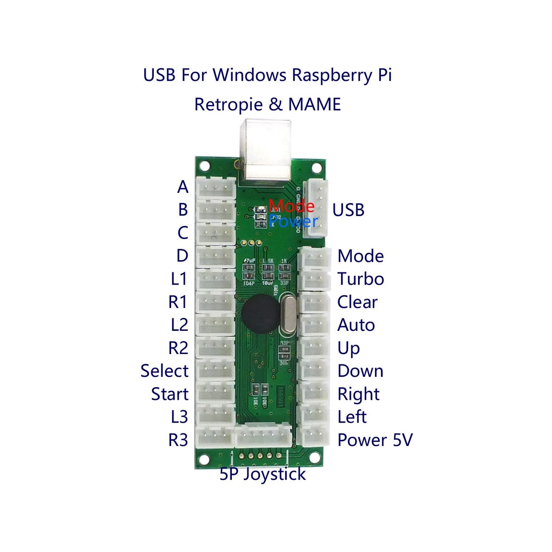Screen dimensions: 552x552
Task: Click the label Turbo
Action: click(360, 279)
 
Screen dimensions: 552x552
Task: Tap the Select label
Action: click(164, 371)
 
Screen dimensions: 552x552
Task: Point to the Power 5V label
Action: click(375, 440)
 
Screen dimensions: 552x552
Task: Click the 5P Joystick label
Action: click(263, 474)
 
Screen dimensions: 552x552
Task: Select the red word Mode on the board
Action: click(291, 206)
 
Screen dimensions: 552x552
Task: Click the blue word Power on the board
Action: click(293, 222)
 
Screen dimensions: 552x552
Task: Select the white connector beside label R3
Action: click(215, 438)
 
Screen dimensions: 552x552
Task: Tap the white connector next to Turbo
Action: click(314, 280)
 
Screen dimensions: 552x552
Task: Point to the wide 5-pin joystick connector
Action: click(263, 436)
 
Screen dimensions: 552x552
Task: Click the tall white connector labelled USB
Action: click(318, 209)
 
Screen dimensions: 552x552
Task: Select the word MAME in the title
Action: click(314, 104)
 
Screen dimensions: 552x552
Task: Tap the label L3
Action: click(179, 417)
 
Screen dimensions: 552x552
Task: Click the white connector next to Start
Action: click(215, 392)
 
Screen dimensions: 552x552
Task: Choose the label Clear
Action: click(357, 302)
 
